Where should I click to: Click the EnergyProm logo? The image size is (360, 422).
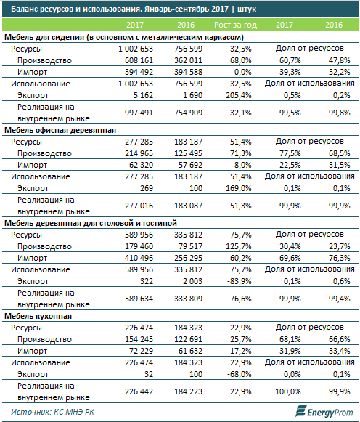click(324, 412)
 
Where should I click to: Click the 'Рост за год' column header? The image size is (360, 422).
click(235, 25)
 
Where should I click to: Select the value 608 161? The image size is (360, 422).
click(139, 60)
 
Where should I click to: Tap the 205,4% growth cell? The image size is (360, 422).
click(239, 95)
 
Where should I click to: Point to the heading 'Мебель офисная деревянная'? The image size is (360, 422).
click(60, 130)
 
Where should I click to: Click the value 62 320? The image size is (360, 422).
click(141, 165)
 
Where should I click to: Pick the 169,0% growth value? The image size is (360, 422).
click(239, 188)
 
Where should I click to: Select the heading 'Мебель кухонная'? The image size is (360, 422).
click(38, 316)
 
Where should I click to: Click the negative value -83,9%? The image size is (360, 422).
click(240, 281)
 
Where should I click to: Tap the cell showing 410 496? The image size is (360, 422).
click(139, 258)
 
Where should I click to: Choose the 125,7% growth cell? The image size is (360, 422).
click(239, 246)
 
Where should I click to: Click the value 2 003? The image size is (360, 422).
click(192, 281)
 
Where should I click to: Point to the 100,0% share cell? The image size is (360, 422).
click(288, 391)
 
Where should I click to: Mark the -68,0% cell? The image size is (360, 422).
click(240, 374)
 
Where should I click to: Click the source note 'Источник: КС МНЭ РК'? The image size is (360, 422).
click(53, 412)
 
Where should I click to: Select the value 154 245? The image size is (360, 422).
click(139, 339)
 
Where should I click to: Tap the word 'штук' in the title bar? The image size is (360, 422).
click(247, 9)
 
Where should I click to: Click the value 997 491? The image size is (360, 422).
click(139, 113)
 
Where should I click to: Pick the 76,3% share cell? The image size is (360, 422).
click(339, 258)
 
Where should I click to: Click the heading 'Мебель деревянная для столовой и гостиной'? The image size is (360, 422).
click(91, 224)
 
